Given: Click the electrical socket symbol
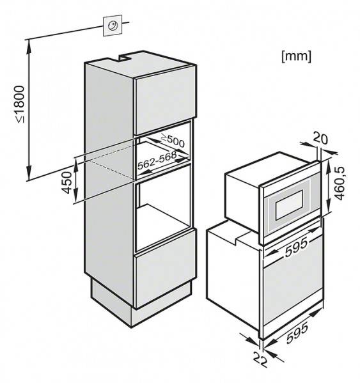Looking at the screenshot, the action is pos(113,25).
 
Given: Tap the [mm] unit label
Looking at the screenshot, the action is pos(296,56).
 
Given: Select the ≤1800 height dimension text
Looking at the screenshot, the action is pos(20,104).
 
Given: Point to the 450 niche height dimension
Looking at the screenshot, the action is pos(67,182).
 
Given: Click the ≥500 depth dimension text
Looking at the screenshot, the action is pos(173,141).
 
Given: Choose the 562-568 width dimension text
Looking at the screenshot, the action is pos(157,160).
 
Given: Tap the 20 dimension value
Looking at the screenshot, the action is pos(321,138).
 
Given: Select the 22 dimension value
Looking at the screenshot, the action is pos(260,359).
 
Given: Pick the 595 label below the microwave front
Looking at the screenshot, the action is pos(296,247).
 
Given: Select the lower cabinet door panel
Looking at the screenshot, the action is pos(165,269).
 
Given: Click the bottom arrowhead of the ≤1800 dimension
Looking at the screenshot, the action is pos(29,173).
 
